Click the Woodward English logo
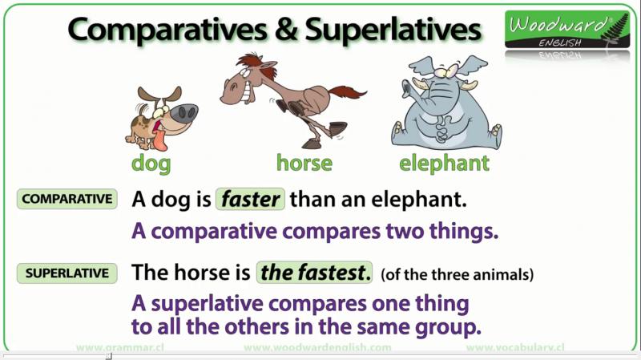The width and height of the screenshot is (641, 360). pyautogui.click(x=567, y=30)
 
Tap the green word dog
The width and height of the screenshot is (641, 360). pyautogui.click(x=151, y=164)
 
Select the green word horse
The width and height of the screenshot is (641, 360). pyautogui.click(x=304, y=163)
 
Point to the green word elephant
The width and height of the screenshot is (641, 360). pyautogui.click(x=444, y=164)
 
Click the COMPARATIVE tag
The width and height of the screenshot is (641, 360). pyautogui.click(x=67, y=199)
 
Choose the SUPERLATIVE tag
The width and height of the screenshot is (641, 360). pyautogui.click(x=67, y=273)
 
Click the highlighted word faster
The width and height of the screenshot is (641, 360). pyautogui.click(x=250, y=199)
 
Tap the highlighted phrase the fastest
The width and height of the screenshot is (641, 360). pyautogui.click(x=314, y=273)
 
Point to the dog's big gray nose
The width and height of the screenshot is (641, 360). pyautogui.click(x=184, y=113)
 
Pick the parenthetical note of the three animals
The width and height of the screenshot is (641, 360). pyautogui.click(x=457, y=274)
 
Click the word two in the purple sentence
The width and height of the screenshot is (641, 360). pyautogui.click(x=405, y=231)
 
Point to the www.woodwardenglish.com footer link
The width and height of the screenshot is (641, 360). pyautogui.click(x=317, y=348)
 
